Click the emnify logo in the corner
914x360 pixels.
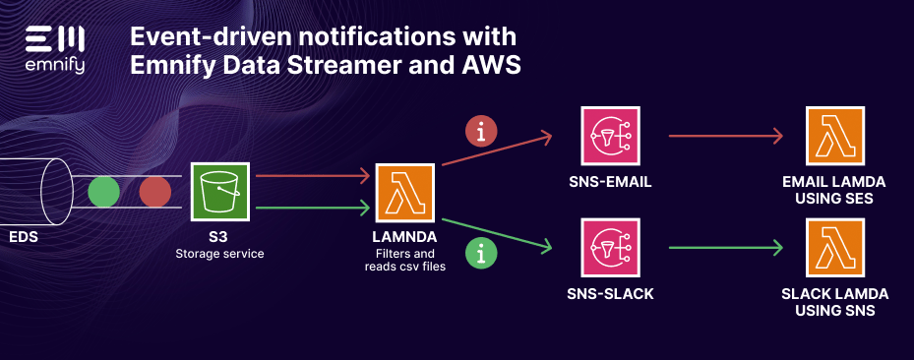coord(55,48)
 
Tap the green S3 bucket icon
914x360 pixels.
coord(219,192)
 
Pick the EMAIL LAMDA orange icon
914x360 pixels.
coord(834,138)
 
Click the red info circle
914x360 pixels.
coord(480,131)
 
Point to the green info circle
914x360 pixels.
coord(480,255)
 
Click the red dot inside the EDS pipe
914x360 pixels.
coord(154,192)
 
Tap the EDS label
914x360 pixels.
coord(24,238)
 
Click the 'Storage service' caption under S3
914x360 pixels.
coord(219,254)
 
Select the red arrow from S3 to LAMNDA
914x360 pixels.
coord(311,177)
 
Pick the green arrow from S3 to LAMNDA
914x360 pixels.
coord(311,208)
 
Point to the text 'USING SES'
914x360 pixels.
coord(834,200)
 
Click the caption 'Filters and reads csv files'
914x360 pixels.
coord(405,260)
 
